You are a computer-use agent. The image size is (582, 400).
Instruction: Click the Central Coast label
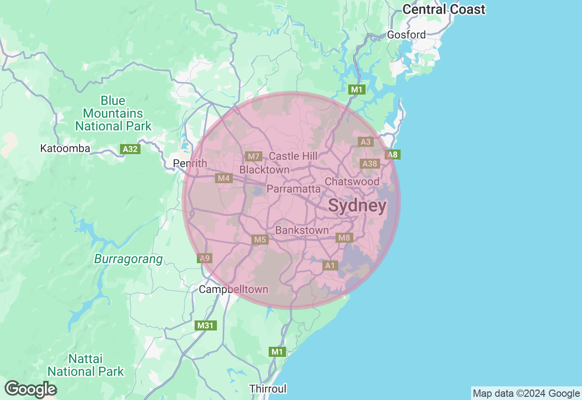[x=444, y=9]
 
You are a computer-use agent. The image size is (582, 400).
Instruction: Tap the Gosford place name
[x=406, y=35]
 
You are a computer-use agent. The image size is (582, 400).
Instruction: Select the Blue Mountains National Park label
[x=113, y=113]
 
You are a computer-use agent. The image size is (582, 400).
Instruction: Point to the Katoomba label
[x=65, y=148]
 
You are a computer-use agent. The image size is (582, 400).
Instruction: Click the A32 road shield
[x=130, y=149]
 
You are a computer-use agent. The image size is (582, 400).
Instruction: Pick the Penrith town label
[x=190, y=163]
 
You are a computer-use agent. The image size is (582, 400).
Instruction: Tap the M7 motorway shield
[x=253, y=156]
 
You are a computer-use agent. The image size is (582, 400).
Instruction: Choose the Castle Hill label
[x=293, y=156]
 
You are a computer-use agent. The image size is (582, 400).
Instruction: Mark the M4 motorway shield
[x=224, y=178]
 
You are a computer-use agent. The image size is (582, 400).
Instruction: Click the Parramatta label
[x=294, y=189]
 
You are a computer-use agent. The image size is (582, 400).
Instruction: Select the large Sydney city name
[x=357, y=206]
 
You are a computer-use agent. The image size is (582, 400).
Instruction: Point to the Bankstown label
[x=302, y=230]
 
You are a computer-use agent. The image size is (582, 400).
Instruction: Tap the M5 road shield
[x=260, y=239]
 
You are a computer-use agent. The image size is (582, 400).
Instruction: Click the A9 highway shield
[x=205, y=258]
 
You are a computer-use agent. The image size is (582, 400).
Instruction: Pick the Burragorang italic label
[x=128, y=259]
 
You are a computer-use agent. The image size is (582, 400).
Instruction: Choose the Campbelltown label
[x=234, y=289]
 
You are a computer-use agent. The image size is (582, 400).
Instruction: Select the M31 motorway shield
[x=206, y=325]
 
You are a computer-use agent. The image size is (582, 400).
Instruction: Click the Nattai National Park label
[x=86, y=365]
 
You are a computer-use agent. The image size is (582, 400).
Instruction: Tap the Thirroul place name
[x=268, y=389]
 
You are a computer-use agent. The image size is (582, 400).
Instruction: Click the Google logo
[x=31, y=390]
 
